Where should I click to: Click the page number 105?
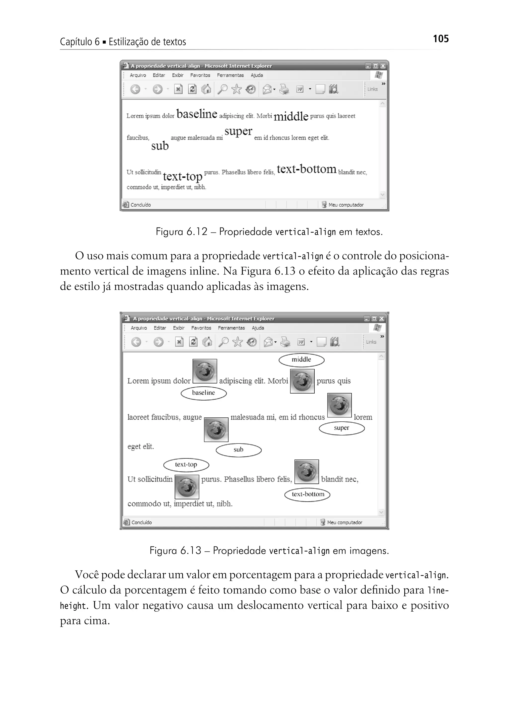(x=440, y=39)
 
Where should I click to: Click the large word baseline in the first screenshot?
(x=197, y=114)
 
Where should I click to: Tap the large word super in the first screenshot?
(x=238, y=131)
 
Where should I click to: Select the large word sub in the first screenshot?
(x=160, y=146)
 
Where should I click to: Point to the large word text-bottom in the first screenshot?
(x=306, y=169)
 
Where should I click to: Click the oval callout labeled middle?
(x=301, y=360)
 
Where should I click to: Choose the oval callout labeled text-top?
(x=186, y=465)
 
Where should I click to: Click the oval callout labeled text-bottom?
(x=307, y=494)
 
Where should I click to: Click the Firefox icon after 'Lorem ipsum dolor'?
(x=205, y=371)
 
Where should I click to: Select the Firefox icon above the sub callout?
(x=216, y=430)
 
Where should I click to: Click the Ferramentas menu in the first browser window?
(x=230, y=75)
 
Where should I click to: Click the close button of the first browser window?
(x=383, y=66)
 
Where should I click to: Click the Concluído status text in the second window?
(x=141, y=522)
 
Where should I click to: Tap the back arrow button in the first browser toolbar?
(x=135, y=89)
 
